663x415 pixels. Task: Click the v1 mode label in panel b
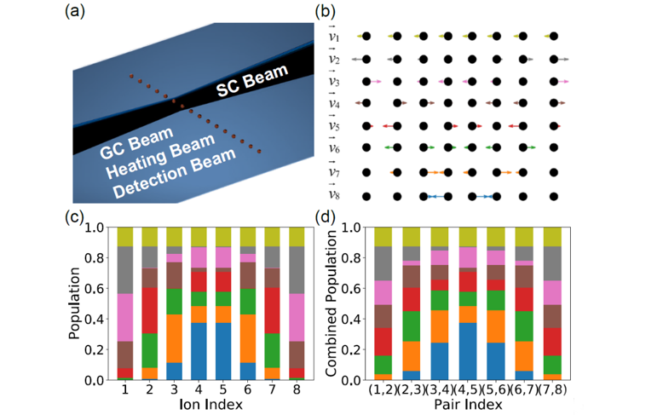pos(335,36)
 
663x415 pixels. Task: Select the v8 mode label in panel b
pos(335,197)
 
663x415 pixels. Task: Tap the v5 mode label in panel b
pos(335,128)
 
